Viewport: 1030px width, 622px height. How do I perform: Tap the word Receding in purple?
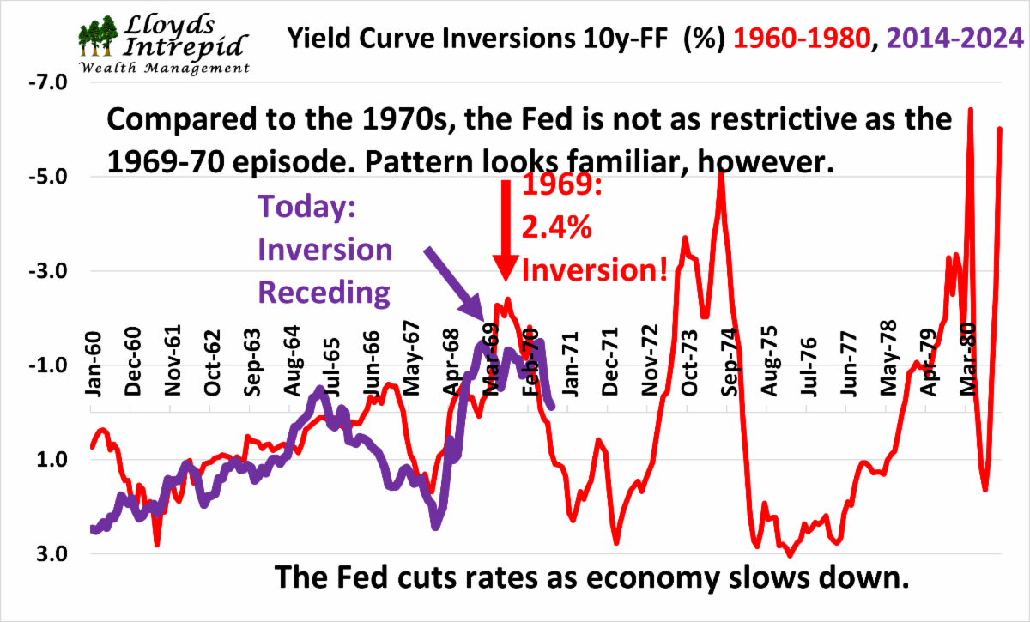[325, 293]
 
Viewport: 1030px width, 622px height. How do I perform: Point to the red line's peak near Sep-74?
[722, 177]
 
